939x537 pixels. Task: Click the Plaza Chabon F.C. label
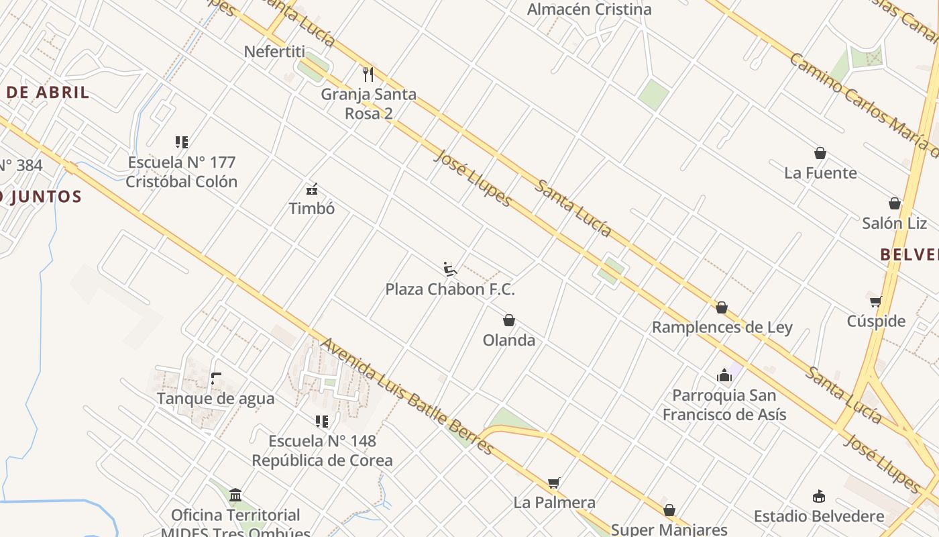click(x=450, y=289)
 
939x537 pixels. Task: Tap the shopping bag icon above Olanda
click(x=509, y=320)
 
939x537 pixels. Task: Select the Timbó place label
click(x=311, y=208)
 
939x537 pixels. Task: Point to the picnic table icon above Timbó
click(x=311, y=189)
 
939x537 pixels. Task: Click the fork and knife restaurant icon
click(x=368, y=74)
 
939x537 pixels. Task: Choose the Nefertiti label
click(x=274, y=52)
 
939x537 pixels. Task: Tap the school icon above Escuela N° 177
click(x=182, y=142)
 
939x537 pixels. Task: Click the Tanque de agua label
click(x=215, y=399)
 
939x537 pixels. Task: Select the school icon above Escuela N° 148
click(x=322, y=422)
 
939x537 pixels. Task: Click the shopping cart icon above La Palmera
click(x=554, y=483)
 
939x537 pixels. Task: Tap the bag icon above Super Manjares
click(x=669, y=511)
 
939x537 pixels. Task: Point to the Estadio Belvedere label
click(x=819, y=516)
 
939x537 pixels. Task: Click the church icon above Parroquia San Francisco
click(x=724, y=375)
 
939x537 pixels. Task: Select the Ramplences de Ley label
click(x=722, y=328)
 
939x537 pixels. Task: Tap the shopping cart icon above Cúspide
click(x=875, y=301)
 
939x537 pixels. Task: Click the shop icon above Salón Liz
click(x=894, y=203)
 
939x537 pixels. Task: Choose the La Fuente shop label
click(x=820, y=173)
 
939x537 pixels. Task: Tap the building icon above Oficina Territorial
click(x=235, y=495)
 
